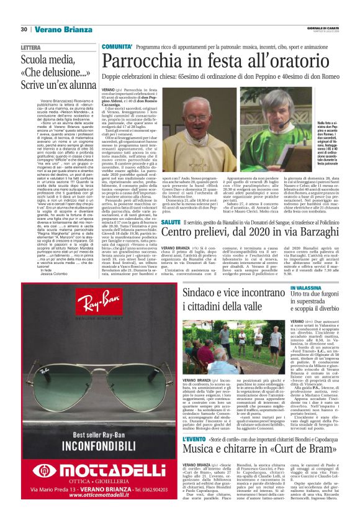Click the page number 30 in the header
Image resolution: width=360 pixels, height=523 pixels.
click(24, 29)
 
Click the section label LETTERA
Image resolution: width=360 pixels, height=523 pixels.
click(30, 47)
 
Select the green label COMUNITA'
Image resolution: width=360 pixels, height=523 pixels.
click(117, 47)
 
